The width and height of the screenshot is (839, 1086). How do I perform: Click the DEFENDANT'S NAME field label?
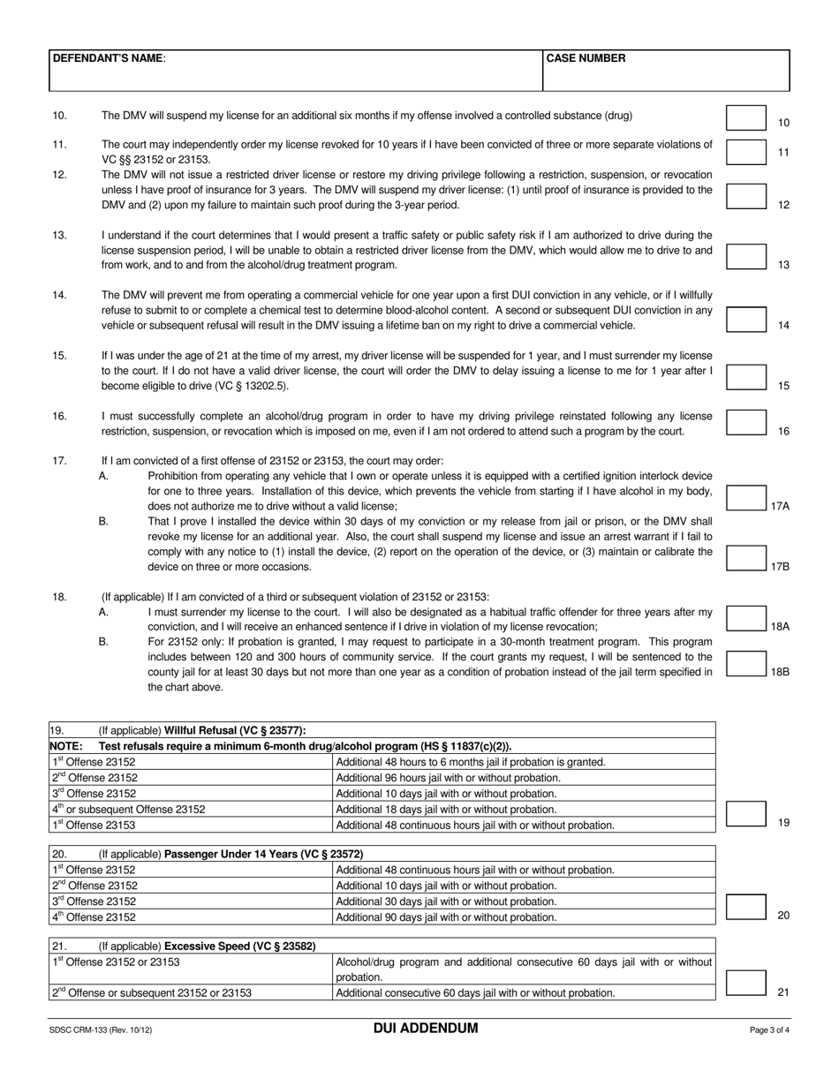click(108, 58)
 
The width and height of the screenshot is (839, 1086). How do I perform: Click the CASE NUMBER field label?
click(586, 58)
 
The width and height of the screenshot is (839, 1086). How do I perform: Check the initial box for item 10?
click(746, 118)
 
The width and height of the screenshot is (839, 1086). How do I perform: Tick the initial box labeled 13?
click(746, 257)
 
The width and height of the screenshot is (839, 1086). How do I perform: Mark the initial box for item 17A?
click(746, 498)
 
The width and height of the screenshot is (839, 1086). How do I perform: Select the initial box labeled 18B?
click(746, 664)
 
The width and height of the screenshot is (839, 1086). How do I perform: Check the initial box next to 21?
click(746, 983)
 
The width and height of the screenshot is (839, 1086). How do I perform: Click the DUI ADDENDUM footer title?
click(425, 1029)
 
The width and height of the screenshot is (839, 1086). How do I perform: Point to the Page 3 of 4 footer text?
click(769, 1029)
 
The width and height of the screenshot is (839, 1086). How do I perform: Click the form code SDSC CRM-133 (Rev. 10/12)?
click(107, 1029)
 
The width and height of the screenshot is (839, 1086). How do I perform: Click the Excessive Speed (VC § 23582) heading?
click(239, 946)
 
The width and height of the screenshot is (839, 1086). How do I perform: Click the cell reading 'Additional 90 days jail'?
click(447, 916)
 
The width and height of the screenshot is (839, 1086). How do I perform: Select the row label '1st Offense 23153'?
click(94, 825)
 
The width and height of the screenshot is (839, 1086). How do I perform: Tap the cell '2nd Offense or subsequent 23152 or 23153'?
click(151, 992)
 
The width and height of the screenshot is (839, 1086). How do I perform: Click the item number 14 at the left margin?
click(59, 295)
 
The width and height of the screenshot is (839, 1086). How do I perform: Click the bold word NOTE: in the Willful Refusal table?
click(66, 746)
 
